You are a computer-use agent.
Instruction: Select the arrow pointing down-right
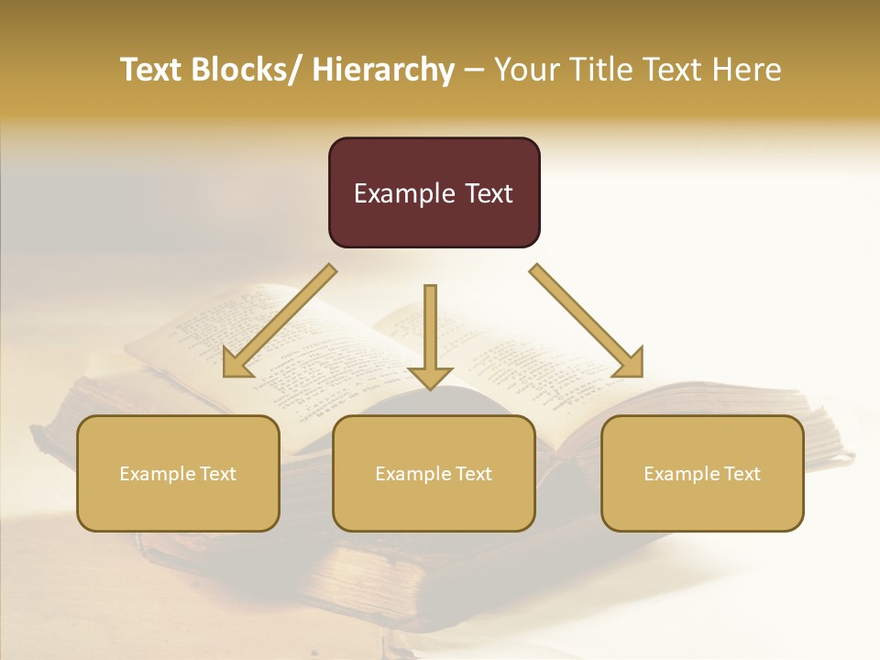586,320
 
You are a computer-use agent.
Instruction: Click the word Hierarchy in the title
383,70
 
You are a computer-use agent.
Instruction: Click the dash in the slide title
474,71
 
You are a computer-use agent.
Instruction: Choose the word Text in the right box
741,474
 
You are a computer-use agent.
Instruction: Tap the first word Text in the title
151,70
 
